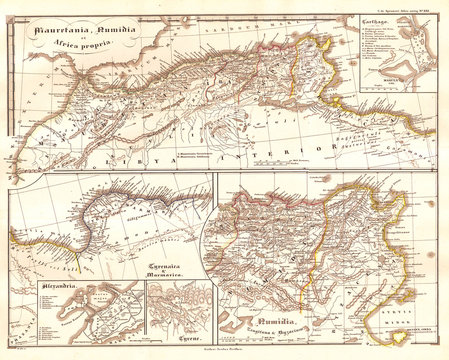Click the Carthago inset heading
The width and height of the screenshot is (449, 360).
pos(377,21)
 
